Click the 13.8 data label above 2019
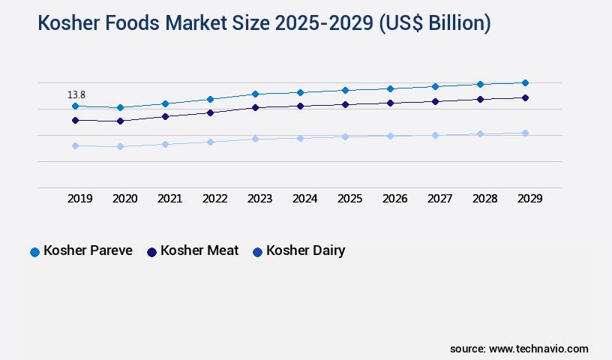pos(76,95)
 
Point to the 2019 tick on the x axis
pos(79,199)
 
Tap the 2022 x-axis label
pos(214,199)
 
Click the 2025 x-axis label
pos(349,199)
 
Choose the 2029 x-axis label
pos(529,199)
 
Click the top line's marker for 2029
pos(525,82)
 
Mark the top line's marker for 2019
pos(75,106)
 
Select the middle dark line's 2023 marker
pos(255,107)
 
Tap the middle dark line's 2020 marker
pos(120,121)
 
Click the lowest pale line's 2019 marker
pos(75,145)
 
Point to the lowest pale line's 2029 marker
pos(525,133)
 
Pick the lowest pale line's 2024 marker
pos(300,138)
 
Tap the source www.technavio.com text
pos(519,349)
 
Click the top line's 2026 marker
pos(390,88)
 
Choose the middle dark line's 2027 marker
pos(435,101)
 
